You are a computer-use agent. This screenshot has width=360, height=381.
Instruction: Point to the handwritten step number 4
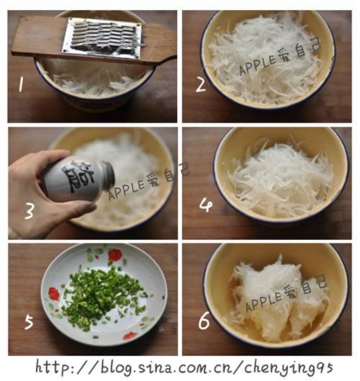(206, 206)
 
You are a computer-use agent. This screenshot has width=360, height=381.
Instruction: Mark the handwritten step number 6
(204, 321)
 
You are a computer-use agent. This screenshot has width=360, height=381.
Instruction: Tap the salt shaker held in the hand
(68, 180)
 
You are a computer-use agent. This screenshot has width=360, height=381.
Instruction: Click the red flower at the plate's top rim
(114, 256)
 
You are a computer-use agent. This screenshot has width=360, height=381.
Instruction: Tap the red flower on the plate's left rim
(53, 294)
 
